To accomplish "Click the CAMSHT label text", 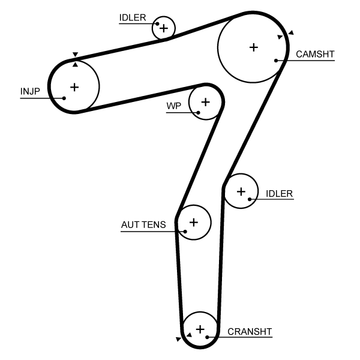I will (315, 54).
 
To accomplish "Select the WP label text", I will (173, 106).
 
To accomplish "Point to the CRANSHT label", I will (250, 331).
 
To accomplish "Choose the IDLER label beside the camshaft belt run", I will (279, 193).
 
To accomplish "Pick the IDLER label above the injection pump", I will (132, 17).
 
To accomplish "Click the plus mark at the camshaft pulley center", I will (253, 47).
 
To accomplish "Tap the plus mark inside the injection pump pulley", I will (74, 87).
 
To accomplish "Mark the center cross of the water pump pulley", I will (205, 102).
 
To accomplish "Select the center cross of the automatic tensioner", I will (193, 222).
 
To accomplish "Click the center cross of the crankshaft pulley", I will (200, 329).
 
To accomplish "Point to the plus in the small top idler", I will (163, 28).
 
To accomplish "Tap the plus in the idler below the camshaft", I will (241, 191).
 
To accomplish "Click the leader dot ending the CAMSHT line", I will (276, 60).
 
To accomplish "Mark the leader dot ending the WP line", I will (198, 112).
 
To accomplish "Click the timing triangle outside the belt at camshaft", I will (291, 32).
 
